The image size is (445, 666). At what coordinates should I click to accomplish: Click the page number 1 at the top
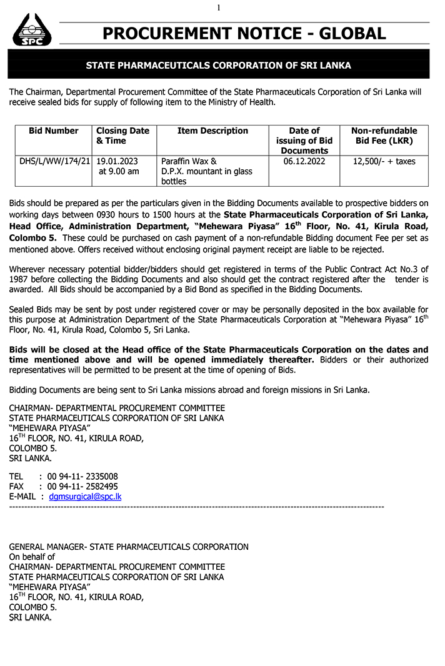[219, 7]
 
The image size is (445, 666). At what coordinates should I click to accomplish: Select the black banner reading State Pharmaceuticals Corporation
[218, 65]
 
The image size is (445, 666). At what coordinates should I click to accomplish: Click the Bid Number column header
[54, 131]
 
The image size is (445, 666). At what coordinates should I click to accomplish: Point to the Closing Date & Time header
[122, 136]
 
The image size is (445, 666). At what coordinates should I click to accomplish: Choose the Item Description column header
[212, 131]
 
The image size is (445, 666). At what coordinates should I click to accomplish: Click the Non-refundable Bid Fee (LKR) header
[384, 136]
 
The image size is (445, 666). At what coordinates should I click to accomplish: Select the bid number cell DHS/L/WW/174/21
[55, 161]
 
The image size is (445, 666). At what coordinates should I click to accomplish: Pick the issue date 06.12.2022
[304, 161]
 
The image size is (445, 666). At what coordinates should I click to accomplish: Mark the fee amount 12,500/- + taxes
[384, 161]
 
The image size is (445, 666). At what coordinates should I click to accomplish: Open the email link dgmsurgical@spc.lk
[85, 497]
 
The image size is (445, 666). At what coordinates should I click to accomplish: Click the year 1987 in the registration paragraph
[20, 280]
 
